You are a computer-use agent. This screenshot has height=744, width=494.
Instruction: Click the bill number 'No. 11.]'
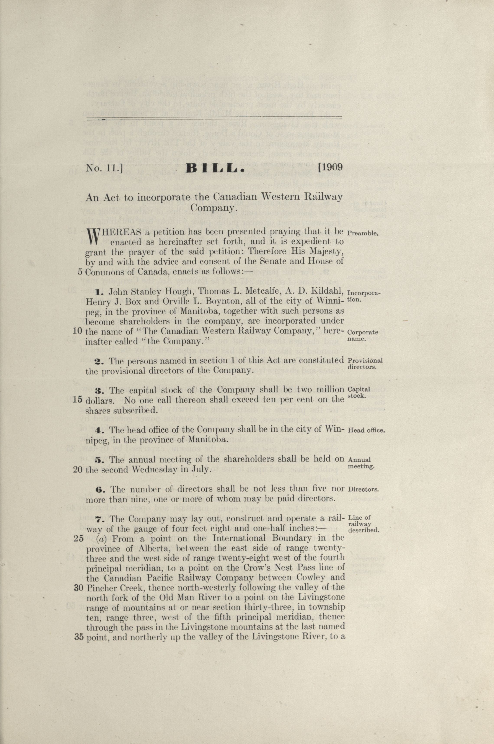coord(104,168)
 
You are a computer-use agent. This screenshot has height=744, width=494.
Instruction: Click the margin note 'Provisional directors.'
coord(365,364)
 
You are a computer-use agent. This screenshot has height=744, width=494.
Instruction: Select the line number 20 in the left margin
coord(78,470)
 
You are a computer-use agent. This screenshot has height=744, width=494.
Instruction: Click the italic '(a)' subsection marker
coord(102,539)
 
